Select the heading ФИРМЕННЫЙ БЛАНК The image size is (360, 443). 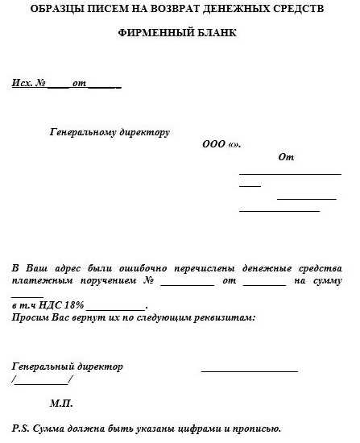tap(180, 35)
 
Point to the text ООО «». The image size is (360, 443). tap(221, 145)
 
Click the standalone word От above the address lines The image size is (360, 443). tap(286, 157)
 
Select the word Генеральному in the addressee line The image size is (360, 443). tap(84, 131)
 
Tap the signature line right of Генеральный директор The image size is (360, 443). tap(249, 371)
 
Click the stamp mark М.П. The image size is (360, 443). tap(61, 402)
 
